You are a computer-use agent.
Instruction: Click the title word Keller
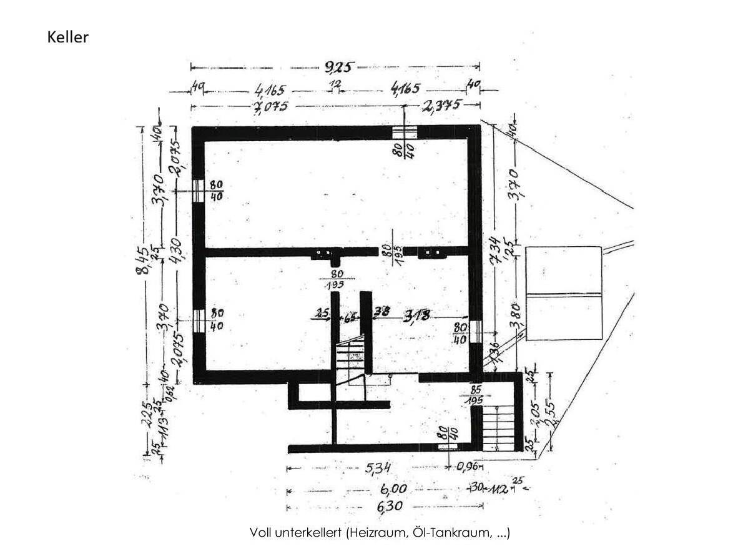click(x=68, y=37)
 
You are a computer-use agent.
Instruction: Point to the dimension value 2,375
click(x=441, y=105)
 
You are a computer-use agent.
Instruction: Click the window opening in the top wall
click(x=405, y=132)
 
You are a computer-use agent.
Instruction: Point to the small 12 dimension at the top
click(x=336, y=86)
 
